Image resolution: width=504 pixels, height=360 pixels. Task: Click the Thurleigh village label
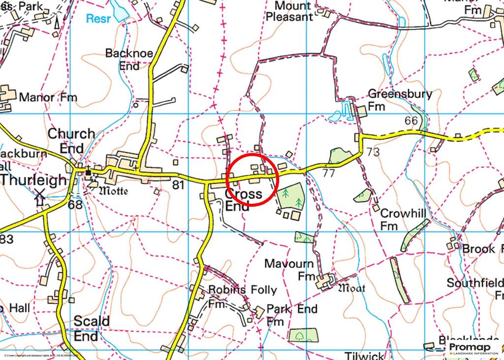(33, 180)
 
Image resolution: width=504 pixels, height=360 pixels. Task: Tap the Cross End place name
(243, 200)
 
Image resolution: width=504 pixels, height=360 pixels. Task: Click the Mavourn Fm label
(289, 270)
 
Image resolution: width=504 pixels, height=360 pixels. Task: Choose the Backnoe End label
(129, 59)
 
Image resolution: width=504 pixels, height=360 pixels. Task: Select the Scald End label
(92, 328)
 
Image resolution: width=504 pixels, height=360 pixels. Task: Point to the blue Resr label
(98, 19)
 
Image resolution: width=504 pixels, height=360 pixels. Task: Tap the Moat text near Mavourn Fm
(351, 288)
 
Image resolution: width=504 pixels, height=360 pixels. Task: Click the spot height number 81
(178, 186)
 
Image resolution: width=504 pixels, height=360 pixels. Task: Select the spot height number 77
(329, 173)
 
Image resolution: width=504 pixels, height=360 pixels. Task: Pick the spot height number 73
(373, 152)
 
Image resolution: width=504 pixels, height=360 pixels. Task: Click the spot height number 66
(411, 121)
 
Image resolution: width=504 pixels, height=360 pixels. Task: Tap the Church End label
(71, 141)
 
